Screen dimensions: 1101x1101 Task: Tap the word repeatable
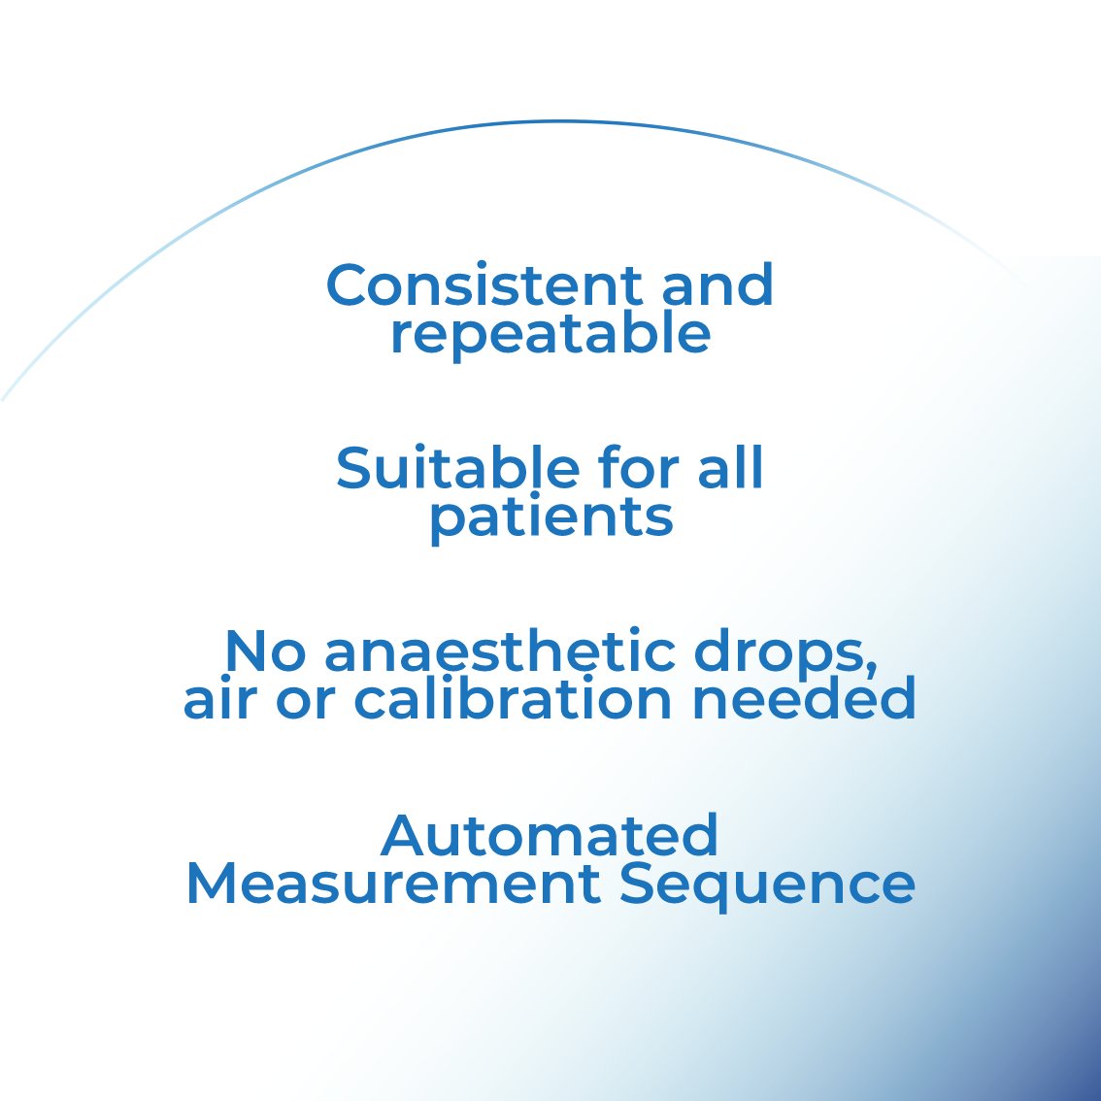click(x=550, y=334)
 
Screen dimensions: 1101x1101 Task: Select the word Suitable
click(x=456, y=468)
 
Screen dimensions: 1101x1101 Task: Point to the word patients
click(x=550, y=517)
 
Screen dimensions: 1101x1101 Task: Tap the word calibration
click(x=513, y=698)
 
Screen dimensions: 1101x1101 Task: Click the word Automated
click(x=550, y=835)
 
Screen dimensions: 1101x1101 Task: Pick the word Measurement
click(x=392, y=884)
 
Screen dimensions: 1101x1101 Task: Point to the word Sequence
click(x=767, y=884)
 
